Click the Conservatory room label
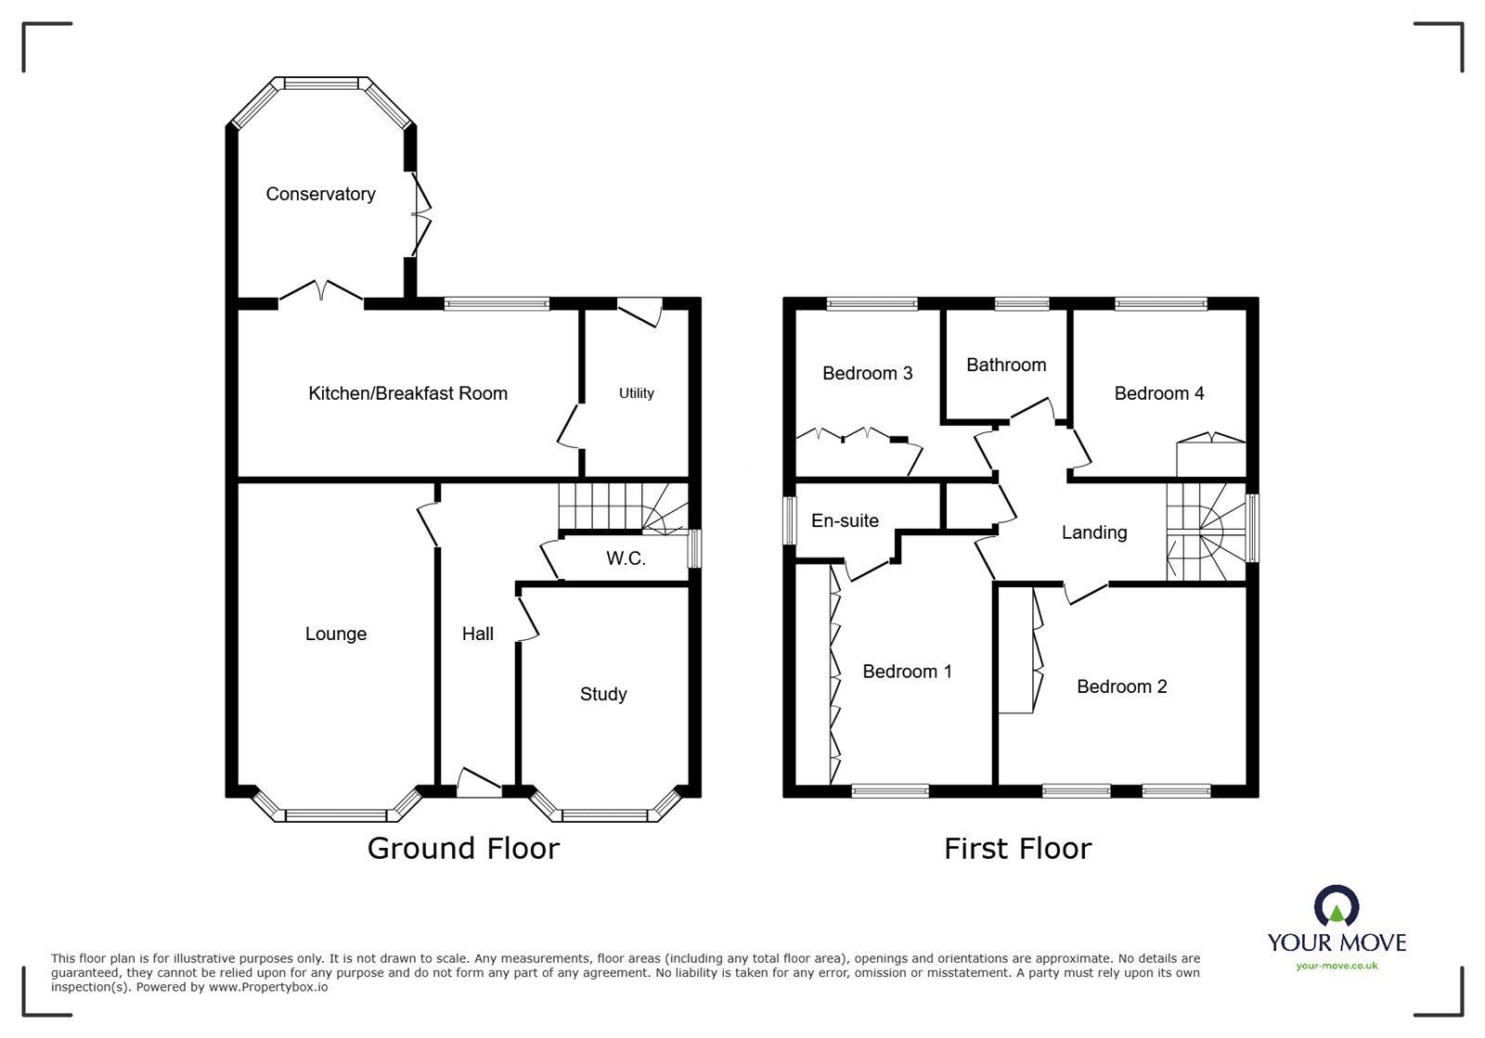point(321,194)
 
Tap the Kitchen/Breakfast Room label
point(407,393)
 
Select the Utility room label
point(637,393)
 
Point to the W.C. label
point(626,558)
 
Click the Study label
point(603,694)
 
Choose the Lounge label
point(335,634)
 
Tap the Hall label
point(477,634)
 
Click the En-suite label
point(845,520)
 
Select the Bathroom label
point(1006,365)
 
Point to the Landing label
point(1094,532)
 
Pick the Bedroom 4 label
point(1159,393)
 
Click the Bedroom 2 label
point(1122,686)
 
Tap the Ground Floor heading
point(463,848)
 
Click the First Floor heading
point(1017,849)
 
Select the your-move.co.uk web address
point(1336,966)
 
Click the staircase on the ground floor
point(623,507)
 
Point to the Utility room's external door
point(639,312)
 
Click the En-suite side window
point(790,520)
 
